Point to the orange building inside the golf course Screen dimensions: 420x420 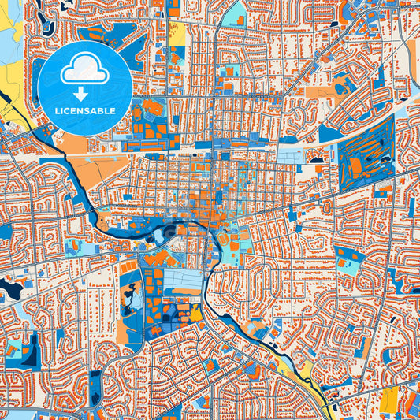coord(357,165)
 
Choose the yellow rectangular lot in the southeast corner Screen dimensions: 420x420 coord(389,403)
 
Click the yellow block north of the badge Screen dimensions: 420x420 coord(177,33)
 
